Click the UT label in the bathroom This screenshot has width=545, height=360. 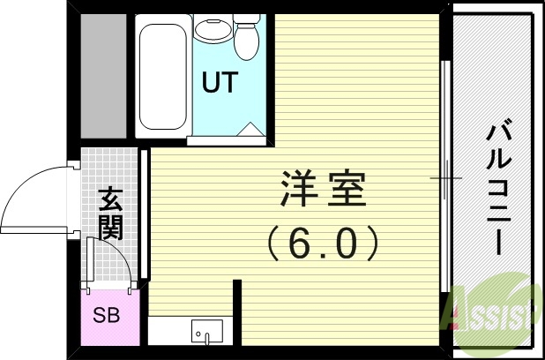220,83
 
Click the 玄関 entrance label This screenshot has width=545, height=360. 110,214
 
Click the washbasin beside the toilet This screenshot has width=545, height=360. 211,30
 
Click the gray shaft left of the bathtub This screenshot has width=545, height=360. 104,75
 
